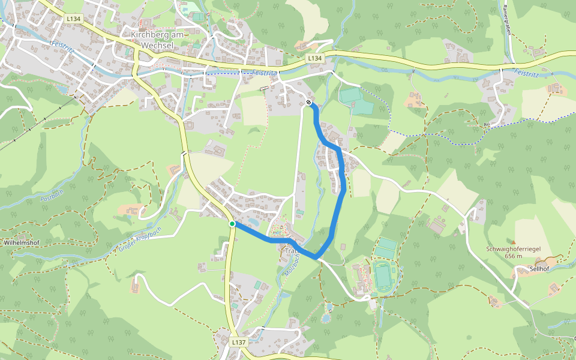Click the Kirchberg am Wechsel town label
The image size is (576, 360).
157,40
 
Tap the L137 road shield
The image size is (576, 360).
239,342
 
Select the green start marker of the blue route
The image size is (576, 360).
232,224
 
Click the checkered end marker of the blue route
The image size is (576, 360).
309,103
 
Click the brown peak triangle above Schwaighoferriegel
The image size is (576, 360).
513,241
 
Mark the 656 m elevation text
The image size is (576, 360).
513,256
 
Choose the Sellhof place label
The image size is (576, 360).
540,269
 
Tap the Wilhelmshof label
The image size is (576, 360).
22,243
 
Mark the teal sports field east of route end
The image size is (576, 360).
356,101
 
